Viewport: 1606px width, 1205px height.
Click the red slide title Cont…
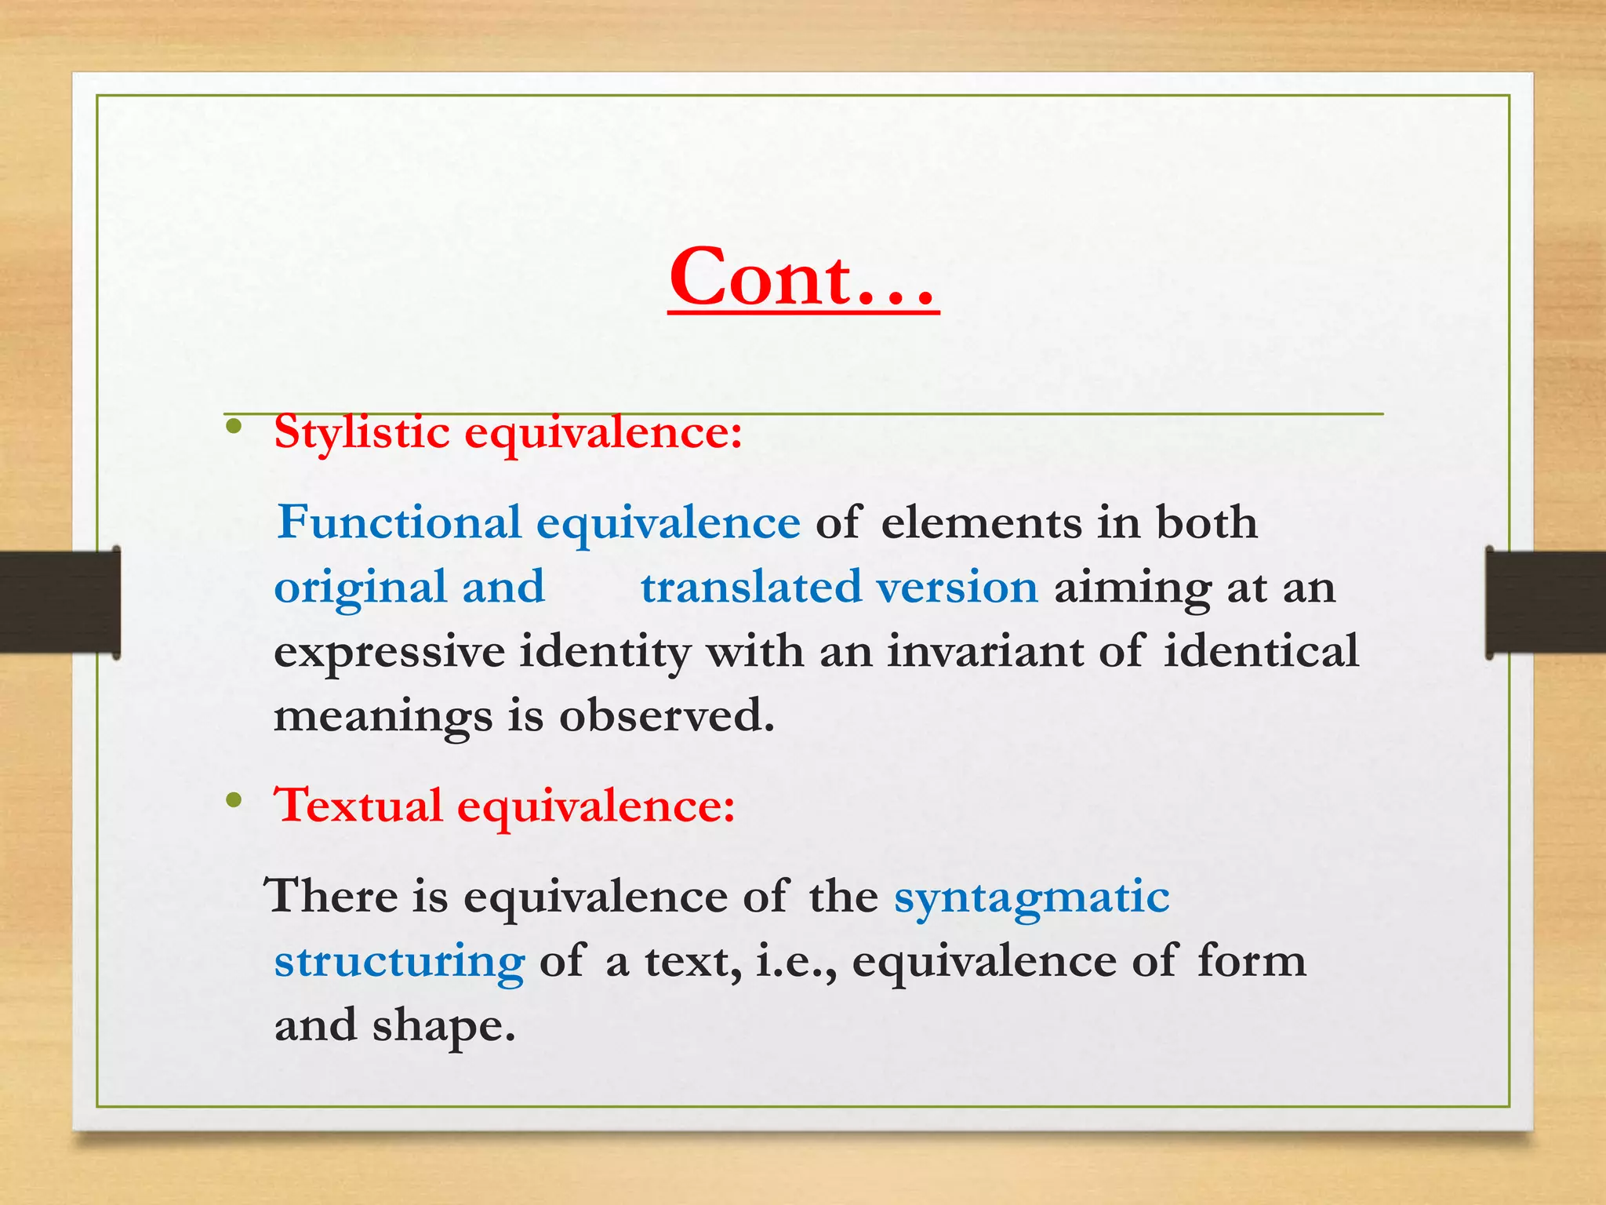click(x=803, y=278)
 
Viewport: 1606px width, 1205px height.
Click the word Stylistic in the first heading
click(x=362, y=432)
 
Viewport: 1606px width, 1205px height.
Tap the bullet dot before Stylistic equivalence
click(x=233, y=427)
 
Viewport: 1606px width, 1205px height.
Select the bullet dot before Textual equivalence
click(x=233, y=800)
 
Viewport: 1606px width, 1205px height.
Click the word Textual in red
click(x=358, y=806)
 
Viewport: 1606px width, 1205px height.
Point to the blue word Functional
click(x=399, y=522)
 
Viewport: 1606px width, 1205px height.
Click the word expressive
click(x=389, y=653)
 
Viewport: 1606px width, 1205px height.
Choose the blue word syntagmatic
click(x=1031, y=897)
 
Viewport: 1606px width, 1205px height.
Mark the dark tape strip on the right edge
click(x=1546, y=602)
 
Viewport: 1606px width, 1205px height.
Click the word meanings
click(x=383, y=717)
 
